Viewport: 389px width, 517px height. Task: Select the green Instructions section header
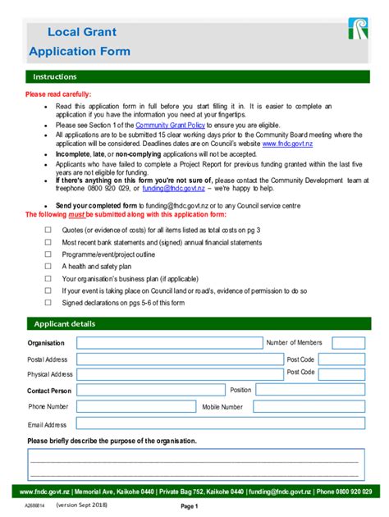[x=194, y=76]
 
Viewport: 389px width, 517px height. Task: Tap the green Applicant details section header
[x=194, y=323]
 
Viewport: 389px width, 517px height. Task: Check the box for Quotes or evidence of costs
[x=48, y=231]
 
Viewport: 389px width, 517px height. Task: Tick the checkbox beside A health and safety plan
[x=48, y=267]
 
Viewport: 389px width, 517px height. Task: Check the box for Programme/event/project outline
[x=48, y=254]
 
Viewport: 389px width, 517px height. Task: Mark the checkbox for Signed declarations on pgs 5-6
[x=48, y=303]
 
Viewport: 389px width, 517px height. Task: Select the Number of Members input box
[x=349, y=343]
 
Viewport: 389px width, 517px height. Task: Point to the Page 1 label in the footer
[x=190, y=506]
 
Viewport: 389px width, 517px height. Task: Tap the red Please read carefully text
[x=58, y=94]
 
